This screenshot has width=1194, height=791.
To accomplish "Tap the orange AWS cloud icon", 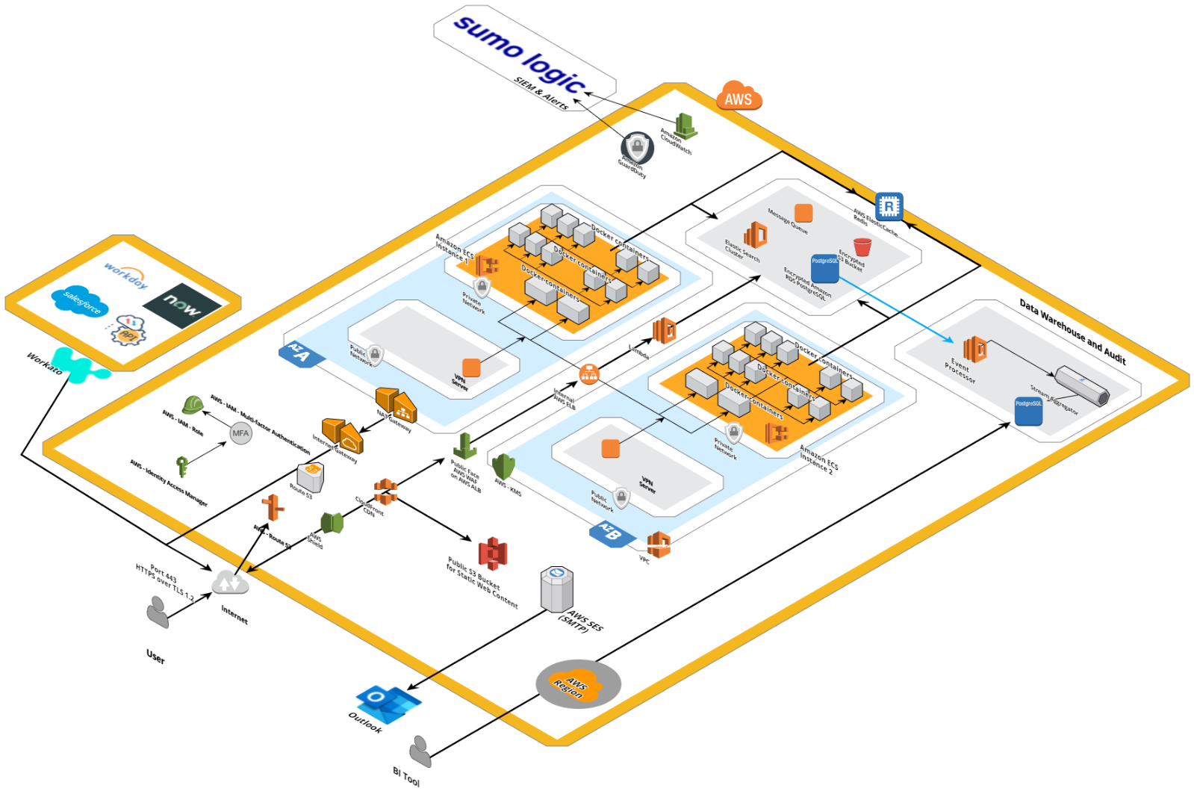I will (x=739, y=96).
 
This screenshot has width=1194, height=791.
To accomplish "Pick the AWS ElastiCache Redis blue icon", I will (x=889, y=206).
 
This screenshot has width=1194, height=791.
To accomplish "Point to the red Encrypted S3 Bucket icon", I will (x=862, y=246).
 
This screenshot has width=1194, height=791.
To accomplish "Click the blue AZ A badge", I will (x=300, y=354).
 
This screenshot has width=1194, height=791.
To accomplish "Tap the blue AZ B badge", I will (x=611, y=533).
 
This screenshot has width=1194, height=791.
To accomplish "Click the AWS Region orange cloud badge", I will (x=577, y=683).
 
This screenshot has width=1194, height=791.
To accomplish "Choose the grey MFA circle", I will (x=240, y=433).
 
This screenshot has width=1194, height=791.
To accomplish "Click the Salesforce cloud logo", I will (x=80, y=300).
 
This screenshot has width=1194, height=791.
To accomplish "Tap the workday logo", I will (x=125, y=276).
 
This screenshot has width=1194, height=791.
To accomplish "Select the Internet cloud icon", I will (x=230, y=583).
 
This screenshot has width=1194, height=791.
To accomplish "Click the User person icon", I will (x=157, y=611).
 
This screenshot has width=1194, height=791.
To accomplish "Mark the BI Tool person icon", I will (x=420, y=751).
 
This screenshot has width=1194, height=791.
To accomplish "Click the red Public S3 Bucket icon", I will (x=493, y=553).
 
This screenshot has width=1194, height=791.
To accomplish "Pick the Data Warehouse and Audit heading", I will (x=1072, y=331).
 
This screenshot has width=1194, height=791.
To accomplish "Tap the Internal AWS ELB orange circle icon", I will (x=589, y=373).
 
